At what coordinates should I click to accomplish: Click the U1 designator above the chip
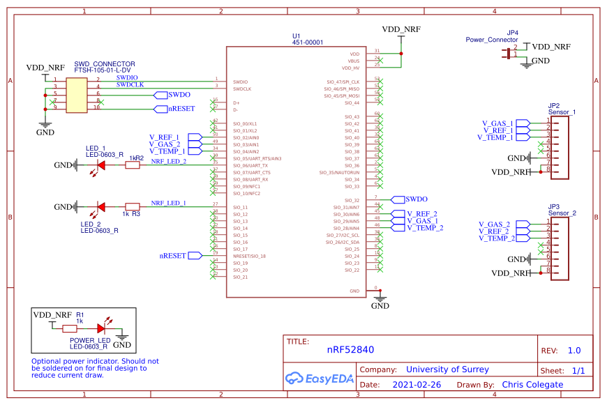point(297,36)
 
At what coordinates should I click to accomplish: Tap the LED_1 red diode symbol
point(101,165)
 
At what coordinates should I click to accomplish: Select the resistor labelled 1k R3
point(132,206)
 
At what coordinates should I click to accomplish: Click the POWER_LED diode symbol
point(101,327)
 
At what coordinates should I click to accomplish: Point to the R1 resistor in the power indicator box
point(70,327)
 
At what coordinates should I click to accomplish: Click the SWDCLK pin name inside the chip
point(242,89)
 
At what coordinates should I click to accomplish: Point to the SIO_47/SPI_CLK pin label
point(342,82)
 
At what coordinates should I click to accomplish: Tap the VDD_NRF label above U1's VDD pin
point(401,29)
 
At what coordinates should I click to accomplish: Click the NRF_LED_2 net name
point(169,161)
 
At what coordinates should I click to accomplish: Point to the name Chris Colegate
point(532,385)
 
